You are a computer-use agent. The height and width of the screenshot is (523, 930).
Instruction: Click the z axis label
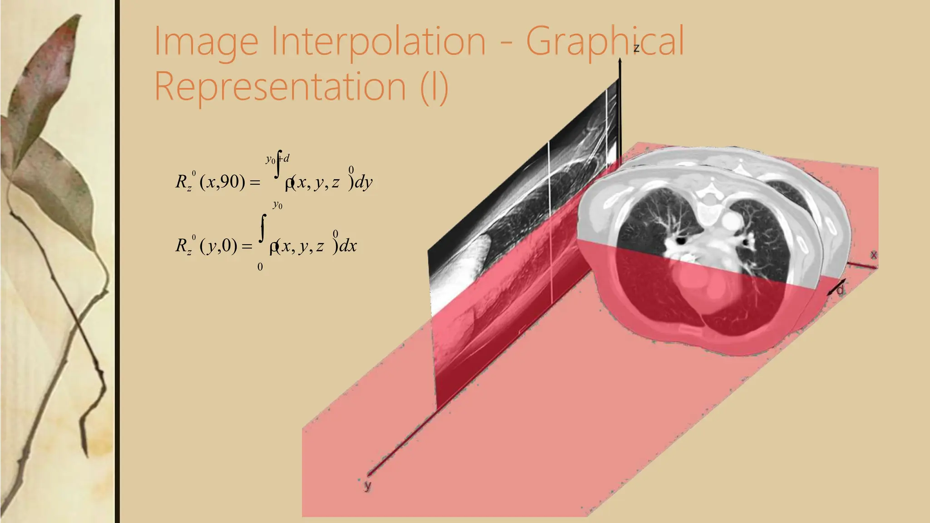tap(636, 48)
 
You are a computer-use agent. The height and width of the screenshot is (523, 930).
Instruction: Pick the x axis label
tap(874, 255)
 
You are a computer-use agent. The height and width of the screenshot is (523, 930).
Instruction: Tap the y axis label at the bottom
tap(368, 486)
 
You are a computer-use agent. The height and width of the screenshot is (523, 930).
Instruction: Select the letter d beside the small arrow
tap(841, 289)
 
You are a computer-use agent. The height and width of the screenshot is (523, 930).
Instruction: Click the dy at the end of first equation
tap(363, 183)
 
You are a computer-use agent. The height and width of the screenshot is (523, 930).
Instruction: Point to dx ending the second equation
tap(348, 246)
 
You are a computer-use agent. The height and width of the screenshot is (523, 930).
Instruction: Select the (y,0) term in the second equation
tap(218, 246)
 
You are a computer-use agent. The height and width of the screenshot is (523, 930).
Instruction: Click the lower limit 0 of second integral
tap(260, 267)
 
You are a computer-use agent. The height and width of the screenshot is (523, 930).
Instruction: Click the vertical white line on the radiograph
tap(550, 218)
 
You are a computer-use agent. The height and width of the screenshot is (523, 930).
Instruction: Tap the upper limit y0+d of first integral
tap(277, 159)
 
